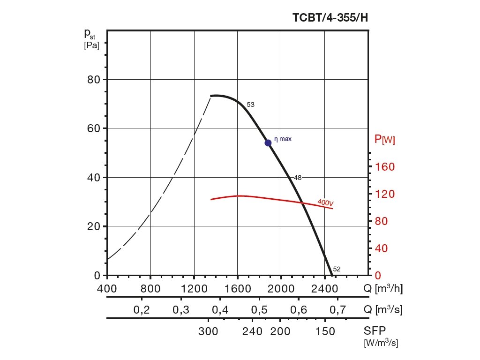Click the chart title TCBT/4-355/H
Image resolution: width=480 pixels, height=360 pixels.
click(330, 18)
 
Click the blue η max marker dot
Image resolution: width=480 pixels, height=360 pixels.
click(268, 142)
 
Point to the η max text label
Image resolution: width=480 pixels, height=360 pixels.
click(283, 139)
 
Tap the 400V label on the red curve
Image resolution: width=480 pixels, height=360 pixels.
click(325, 202)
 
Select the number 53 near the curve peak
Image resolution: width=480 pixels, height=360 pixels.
click(250, 105)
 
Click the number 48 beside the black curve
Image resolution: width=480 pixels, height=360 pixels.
click(298, 178)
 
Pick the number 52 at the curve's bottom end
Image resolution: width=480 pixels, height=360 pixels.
click(337, 269)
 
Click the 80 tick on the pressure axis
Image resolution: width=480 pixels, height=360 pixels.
click(94, 79)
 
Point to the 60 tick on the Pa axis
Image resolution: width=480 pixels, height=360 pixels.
click(94, 128)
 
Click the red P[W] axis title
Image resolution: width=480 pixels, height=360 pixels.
click(384, 139)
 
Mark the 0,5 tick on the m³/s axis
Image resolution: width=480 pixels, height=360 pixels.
click(259, 310)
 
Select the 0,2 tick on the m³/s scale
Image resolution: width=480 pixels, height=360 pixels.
click(141, 310)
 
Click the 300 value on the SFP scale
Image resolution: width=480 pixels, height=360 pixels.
click(208, 332)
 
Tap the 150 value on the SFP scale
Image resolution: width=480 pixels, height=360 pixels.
click(325, 332)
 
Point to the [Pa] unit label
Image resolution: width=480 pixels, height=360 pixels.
click(92, 46)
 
